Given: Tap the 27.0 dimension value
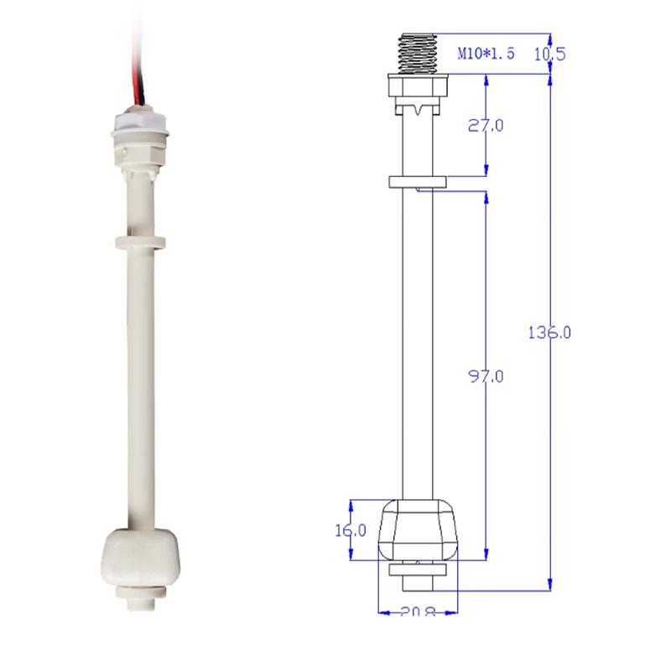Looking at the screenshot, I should pos(486,126).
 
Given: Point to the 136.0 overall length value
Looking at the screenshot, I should pos(549,332).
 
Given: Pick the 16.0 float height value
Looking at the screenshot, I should pos(350,530).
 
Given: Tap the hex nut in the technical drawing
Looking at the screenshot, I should pos(419,87).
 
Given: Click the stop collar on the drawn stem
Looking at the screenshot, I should pos(419,181).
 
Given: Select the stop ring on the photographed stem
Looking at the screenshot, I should pos(138,242).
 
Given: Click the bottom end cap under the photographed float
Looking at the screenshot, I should pos(138,597).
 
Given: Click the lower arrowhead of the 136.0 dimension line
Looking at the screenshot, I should pos(549,585).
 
